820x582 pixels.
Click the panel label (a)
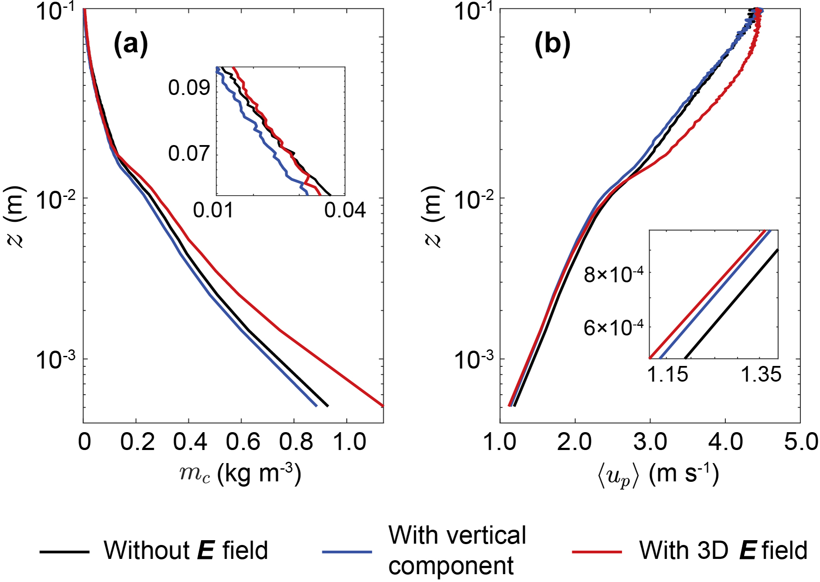click(131, 44)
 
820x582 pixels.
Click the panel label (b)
click(552, 44)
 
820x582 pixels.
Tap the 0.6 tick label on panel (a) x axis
click(242, 442)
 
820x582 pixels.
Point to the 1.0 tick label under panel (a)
click(349, 442)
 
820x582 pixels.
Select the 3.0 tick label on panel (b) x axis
click(650, 442)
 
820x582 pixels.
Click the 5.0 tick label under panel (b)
click(801, 442)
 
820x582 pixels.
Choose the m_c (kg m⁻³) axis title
click(240, 474)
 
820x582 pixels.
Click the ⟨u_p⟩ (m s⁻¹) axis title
click(658, 475)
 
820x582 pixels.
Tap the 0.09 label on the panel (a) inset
click(189, 88)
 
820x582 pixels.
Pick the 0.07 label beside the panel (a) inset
click(189, 153)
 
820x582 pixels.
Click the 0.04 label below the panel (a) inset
click(345, 210)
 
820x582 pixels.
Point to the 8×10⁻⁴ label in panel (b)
click(614, 275)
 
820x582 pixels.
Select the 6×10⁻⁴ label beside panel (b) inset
click(614, 328)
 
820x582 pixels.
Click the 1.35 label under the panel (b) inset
click(761, 375)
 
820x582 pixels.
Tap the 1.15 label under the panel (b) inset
click(667, 375)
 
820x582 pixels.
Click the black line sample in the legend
click(65, 552)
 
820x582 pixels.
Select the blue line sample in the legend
click(347, 552)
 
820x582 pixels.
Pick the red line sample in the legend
click(597, 552)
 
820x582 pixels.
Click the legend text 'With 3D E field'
click(723, 550)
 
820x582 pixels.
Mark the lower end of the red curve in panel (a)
click(382, 405)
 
